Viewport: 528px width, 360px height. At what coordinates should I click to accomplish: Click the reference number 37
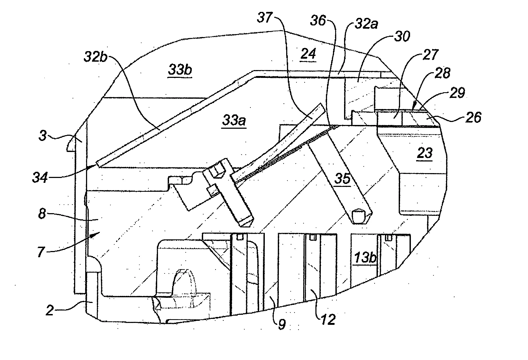click(x=265, y=19)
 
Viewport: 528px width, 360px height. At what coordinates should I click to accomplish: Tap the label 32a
click(x=366, y=24)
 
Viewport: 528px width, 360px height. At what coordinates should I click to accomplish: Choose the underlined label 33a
click(x=234, y=120)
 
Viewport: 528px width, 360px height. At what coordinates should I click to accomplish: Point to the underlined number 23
click(x=425, y=153)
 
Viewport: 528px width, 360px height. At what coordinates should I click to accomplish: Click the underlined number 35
click(x=342, y=179)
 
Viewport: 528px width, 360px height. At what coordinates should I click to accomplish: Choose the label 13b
click(x=365, y=258)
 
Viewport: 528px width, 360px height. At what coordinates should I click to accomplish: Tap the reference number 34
click(x=40, y=178)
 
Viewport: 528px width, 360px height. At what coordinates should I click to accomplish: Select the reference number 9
click(x=282, y=324)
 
